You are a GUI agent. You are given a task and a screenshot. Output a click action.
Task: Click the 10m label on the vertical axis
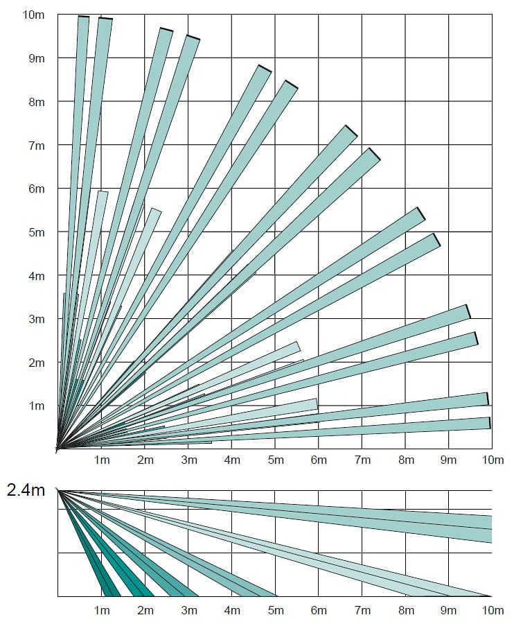click(x=33, y=14)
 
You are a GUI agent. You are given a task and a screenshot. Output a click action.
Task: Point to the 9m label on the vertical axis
click(x=36, y=58)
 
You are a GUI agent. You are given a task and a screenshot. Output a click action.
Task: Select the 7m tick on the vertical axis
click(x=36, y=145)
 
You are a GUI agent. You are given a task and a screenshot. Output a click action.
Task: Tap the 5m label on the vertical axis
click(x=36, y=232)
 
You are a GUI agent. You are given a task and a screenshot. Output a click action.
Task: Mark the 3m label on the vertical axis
click(x=36, y=319)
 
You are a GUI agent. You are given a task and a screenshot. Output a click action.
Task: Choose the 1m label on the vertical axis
click(x=36, y=406)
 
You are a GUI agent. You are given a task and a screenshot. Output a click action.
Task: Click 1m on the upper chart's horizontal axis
click(x=101, y=461)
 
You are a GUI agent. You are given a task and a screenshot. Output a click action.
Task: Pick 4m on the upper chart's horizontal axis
click(x=231, y=461)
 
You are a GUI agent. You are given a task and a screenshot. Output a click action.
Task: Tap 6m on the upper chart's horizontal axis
click(x=319, y=461)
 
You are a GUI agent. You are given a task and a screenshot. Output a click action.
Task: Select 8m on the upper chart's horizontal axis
click(x=405, y=461)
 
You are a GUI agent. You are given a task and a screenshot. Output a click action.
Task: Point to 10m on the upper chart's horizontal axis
click(x=491, y=461)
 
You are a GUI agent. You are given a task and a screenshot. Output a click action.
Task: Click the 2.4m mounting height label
click(x=26, y=491)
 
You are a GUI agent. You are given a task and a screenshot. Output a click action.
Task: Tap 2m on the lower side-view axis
click(x=145, y=610)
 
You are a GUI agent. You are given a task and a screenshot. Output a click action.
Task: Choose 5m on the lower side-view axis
click(x=275, y=610)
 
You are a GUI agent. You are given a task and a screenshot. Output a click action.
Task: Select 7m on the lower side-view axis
click(x=362, y=610)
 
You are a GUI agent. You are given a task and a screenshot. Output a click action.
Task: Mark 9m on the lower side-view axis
click(x=449, y=610)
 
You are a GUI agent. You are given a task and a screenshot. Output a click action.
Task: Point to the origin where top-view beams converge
click(x=57, y=449)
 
